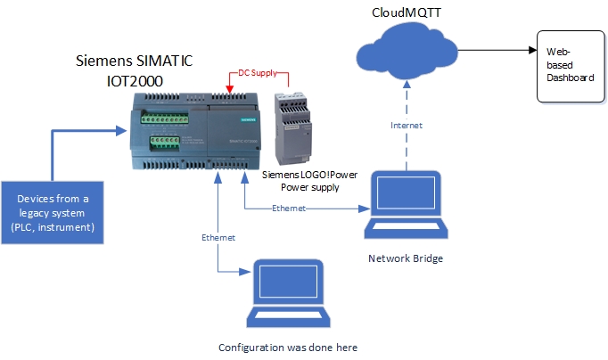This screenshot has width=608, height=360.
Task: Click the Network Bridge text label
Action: pos(405,258)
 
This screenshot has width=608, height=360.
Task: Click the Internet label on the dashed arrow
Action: pos(407,126)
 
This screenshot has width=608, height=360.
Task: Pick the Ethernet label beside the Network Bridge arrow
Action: pos(289,209)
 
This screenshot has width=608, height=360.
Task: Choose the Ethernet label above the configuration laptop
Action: pos(218,239)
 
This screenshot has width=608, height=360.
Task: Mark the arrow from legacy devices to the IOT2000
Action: pos(85,131)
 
